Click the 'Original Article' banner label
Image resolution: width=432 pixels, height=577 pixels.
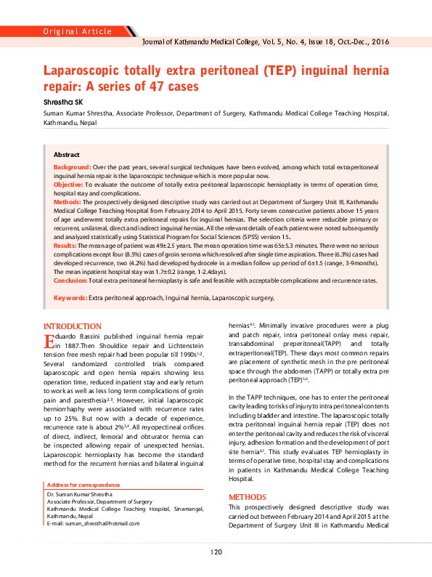77,31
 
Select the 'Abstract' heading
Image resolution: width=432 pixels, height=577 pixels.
67,156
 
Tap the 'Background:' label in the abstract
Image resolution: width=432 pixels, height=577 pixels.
72,167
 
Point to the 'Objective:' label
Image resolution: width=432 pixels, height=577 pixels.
69,185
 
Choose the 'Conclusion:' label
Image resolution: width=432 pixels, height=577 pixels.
70,280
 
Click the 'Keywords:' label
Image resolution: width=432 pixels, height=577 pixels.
70,298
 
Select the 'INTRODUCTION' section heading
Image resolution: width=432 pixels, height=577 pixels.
73,327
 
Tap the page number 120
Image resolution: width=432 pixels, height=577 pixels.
216,553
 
